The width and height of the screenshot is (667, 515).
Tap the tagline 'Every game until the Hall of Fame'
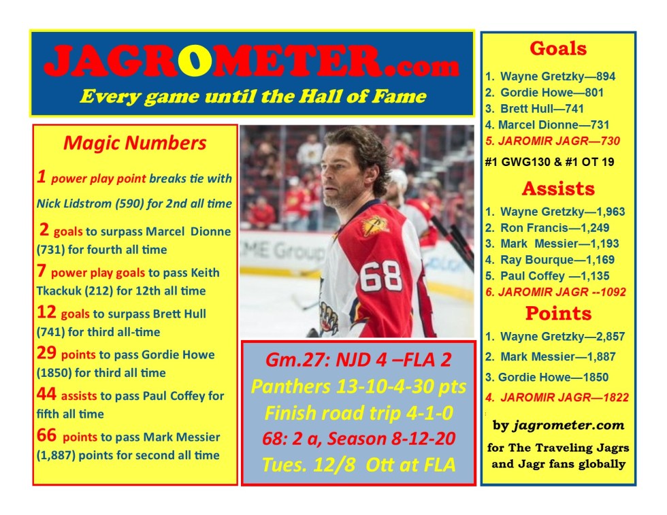click(253, 97)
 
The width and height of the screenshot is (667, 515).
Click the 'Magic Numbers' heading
click(135, 143)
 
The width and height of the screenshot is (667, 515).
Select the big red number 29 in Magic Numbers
click(46, 353)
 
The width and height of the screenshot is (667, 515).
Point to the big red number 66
click(46, 435)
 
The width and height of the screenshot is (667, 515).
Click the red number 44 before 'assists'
click(46, 394)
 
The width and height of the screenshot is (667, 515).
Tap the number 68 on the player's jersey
click(380, 276)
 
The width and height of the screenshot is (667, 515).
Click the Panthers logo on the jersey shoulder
click(374, 225)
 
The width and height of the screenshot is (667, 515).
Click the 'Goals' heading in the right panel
click(558, 48)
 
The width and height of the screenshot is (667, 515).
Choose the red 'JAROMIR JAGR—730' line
click(553, 142)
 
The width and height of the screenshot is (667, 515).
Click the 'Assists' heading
click(558, 188)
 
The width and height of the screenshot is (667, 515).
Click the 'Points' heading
click(558, 314)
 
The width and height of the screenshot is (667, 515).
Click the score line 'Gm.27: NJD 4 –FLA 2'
click(358, 360)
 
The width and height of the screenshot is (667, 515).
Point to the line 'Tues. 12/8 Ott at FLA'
click(358, 465)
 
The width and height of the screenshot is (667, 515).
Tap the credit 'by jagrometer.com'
click(558, 425)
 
